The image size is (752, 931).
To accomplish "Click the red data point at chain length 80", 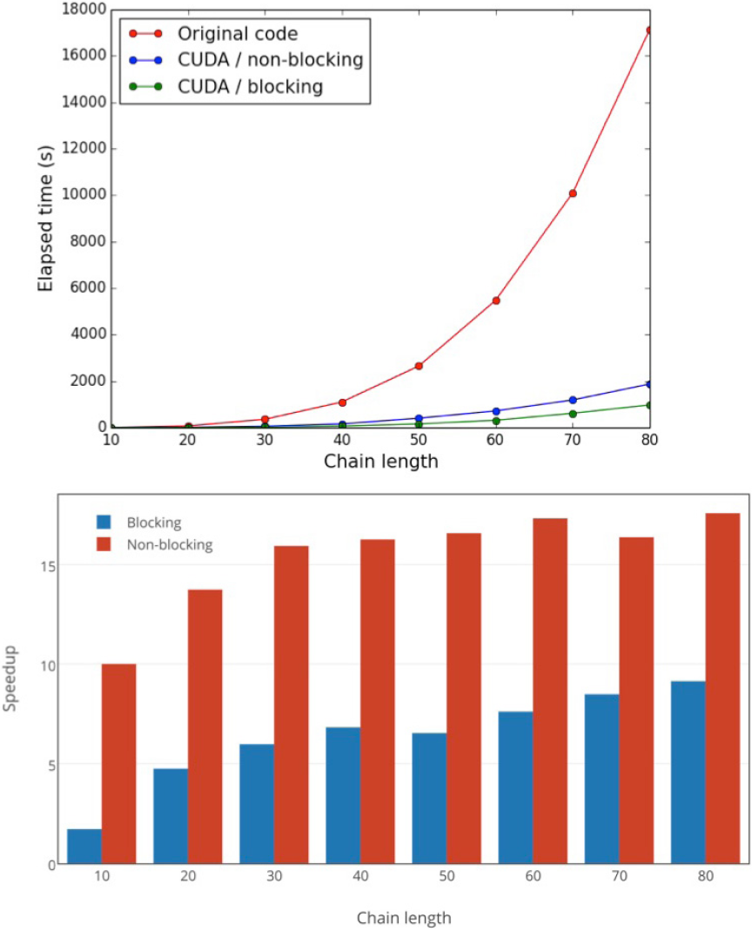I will [648, 30].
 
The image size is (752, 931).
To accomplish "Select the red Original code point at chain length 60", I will [496, 300].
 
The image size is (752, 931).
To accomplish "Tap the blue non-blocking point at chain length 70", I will [573, 401].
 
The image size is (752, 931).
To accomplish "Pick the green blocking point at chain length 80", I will [648, 405].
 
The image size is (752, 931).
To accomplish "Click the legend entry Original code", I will [237, 35].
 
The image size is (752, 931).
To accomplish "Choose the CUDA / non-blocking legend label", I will [270, 60].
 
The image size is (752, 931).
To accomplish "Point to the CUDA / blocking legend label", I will [251, 86].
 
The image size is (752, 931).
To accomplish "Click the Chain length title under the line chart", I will [380, 461].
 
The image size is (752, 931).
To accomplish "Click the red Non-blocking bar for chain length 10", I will [119, 764].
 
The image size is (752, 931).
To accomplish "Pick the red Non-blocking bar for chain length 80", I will [722, 688].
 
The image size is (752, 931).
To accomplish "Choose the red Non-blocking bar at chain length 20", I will [205, 726].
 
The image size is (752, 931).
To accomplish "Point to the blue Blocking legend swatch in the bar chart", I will [104, 523].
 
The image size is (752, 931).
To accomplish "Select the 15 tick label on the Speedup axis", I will [47, 565].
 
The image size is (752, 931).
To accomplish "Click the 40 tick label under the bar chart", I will [360, 878].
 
